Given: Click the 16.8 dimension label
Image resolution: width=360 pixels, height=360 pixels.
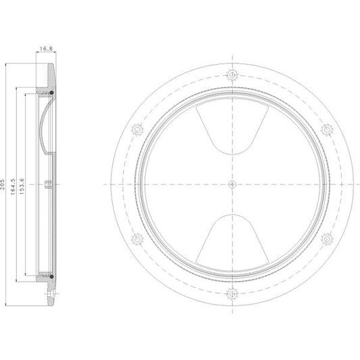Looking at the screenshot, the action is tap(46, 49).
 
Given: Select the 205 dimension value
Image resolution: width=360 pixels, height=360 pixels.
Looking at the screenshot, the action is tap(3, 184).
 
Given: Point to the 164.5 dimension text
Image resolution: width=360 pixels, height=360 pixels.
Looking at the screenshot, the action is tap(13, 186).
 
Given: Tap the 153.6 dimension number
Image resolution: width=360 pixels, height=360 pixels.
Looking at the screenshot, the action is tap(22, 186).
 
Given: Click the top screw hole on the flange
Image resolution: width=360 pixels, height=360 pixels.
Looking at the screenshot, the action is tap(232, 75).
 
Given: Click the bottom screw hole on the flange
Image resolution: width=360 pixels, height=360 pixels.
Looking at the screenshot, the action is tap(232, 294).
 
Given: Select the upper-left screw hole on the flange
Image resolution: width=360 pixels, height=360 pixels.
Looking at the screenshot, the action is tap(137, 130).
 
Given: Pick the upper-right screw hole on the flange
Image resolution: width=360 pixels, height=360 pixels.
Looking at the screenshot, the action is tap(327, 130).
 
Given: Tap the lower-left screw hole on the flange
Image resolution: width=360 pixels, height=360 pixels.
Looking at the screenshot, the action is tap(137, 239).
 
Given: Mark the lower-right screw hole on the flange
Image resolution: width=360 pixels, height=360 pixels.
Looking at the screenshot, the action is tap(327, 239).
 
